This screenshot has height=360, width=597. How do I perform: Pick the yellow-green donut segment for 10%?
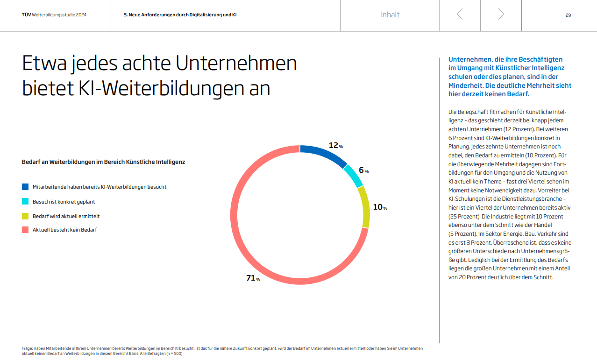364,206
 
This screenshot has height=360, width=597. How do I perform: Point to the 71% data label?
253,278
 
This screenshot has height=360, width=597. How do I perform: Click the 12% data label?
335,145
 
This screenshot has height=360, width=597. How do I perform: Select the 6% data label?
363,170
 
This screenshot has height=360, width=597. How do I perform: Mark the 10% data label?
380,207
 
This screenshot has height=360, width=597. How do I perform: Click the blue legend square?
25,187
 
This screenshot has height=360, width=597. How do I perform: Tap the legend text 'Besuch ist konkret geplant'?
64,202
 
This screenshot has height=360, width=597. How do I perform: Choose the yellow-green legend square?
25,216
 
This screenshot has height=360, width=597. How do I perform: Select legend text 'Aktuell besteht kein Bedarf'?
64,230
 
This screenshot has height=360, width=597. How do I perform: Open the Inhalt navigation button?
390,14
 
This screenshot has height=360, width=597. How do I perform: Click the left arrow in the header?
460,14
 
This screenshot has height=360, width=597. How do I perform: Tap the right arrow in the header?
501,14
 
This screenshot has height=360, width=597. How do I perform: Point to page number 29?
568,15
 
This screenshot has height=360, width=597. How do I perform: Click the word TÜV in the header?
27,15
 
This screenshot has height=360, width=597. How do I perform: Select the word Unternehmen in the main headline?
243,64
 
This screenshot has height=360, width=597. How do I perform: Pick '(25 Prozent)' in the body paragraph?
464,217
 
